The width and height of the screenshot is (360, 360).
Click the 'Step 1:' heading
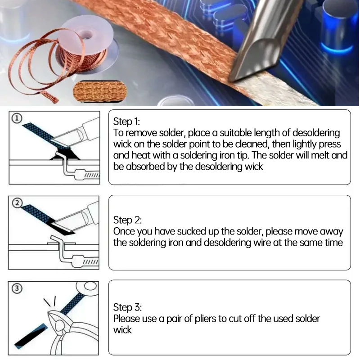pos(127,121)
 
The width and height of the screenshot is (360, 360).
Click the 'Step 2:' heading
pos(127,220)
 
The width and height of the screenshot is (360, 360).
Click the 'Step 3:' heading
pos(127,307)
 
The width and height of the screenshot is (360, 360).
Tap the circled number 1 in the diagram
pos(17,118)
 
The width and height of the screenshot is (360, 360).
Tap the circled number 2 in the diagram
pos(17,203)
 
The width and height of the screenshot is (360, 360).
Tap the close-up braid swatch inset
pos(100,91)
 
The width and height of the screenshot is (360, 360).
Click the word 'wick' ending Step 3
pos(122,330)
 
